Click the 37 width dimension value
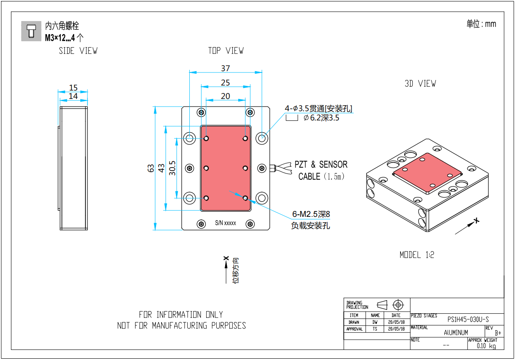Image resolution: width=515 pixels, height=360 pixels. (x=226, y=68)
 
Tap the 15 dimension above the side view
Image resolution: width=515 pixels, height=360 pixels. (x=74, y=88)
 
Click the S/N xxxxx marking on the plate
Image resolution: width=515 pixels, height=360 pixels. (x=226, y=223)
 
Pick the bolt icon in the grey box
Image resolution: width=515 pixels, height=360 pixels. (x=31, y=31)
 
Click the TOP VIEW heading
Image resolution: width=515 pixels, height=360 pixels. (x=226, y=51)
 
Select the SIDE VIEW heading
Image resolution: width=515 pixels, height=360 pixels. (x=78, y=51)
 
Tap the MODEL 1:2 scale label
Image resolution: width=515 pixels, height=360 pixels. (x=417, y=255)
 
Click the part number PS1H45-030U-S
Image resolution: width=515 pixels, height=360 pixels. (x=468, y=320)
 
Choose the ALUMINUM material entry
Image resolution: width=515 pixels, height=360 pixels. (x=456, y=332)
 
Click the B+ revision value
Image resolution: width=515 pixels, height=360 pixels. (x=498, y=333)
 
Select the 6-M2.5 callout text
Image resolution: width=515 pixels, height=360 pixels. (x=311, y=214)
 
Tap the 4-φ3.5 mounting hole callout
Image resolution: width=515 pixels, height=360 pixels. (x=319, y=109)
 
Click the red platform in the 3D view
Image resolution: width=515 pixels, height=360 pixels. (x=427, y=173)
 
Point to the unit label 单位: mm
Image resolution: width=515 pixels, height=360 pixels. (x=481, y=24)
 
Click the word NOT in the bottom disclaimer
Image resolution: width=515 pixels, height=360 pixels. (x=124, y=325)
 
